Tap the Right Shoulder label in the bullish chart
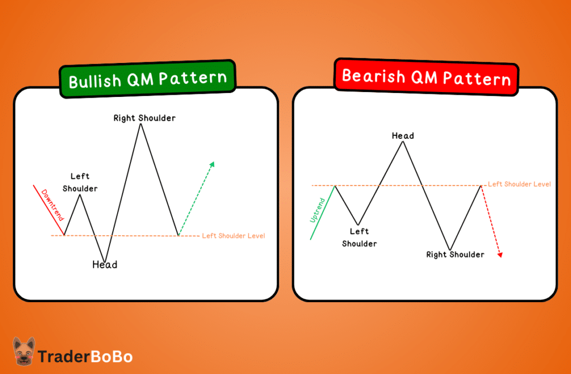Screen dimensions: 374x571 point(144,118)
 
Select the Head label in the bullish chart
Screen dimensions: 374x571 point(105,265)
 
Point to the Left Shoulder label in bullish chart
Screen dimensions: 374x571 point(80,183)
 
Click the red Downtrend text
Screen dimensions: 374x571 point(52,205)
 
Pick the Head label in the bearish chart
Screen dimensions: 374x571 point(403,135)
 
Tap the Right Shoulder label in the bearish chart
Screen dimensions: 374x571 point(455,255)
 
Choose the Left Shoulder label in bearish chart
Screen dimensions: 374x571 point(359,237)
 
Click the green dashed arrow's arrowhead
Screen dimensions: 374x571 point(212,164)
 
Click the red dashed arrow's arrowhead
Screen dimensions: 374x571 point(500,255)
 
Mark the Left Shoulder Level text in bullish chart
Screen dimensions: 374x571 point(233,236)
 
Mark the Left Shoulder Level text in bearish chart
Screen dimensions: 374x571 point(519,184)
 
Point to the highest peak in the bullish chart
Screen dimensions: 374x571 point(141,124)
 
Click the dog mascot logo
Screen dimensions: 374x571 point(24,351)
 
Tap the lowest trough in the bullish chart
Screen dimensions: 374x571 point(104,260)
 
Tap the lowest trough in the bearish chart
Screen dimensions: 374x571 point(449,249)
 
